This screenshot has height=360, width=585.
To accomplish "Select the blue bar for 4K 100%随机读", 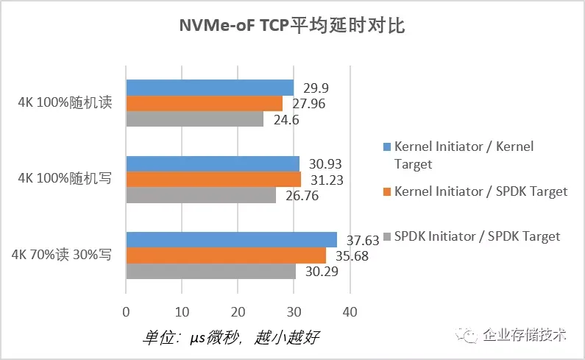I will [x=210, y=88].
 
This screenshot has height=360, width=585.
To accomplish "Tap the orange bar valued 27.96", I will [x=205, y=103].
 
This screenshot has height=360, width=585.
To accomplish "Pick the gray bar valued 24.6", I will [x=195, y=119].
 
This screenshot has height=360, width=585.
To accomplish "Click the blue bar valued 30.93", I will [x=213, y=163].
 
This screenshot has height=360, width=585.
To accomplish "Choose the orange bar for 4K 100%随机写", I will [x=213, y=179].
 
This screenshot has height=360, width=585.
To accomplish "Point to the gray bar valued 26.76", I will [x=201, y=194].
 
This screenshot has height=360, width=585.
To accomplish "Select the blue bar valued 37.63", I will [x=232, y=239].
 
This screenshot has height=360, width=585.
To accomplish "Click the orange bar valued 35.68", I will [x=226, y=255].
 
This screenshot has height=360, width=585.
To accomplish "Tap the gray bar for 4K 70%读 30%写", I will [x=211, y=270].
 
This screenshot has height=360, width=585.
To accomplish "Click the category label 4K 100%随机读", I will [x=65, y=102].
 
